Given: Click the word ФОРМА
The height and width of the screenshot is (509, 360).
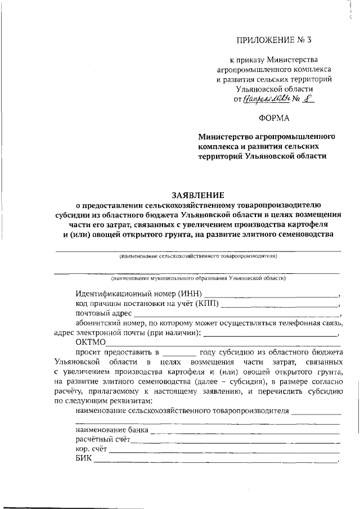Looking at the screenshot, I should click(x=274, y=118).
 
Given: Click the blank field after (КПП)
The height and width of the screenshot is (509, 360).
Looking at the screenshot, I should click(x=281, y=304).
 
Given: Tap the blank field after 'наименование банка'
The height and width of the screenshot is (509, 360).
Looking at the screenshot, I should click(x=245, y=431).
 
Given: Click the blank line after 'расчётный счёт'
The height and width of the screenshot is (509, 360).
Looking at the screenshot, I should click(x=236, y=440).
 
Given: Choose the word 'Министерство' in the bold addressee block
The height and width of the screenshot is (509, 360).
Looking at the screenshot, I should click(x=226, y=137).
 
